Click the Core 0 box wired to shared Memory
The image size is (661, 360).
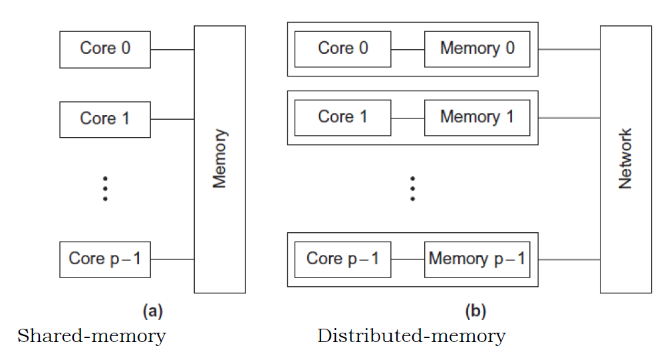pyautogui.click(x=105, y=49)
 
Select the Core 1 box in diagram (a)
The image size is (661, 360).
pyautogui.click(x=105, y=119)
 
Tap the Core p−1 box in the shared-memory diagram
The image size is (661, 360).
pyautogui.click(x=105, y=259)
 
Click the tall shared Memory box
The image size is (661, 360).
pyautogui.click(x=219, y=159)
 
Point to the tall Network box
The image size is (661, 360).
pyautogui.click(x=626, y=159)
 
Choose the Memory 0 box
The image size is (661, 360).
pyautogui.click(x=477, y=49)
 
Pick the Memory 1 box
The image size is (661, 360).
pyautogui.click(x=477, y=118)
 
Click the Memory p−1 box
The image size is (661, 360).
pyautogui.click(x=477, y=259)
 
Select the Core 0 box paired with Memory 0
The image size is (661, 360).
pyautogui.click(x=342, y=49)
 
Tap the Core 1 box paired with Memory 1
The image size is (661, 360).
pyautogui.click(x=342, y=118)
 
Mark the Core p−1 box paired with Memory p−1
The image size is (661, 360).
pyautogui.click(x=342, y=259)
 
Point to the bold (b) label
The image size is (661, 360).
pyautogui.click(x=476, y=311)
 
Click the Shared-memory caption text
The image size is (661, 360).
pyautogui.click(x=91, y=336)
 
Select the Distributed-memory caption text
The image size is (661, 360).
pyautogui.click(x=411, y=336)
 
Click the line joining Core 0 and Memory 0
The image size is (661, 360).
pyautogui.click(x=408, y=49)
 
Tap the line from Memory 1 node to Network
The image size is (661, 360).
pyautogui.click(x=569, y=118)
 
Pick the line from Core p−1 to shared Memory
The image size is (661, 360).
pyautogui.click(x=172, y=259)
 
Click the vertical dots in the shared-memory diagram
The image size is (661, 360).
pyautogui.click(x=105, y=188)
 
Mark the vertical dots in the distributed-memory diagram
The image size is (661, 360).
pyautogui.click(x=412, y=188)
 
